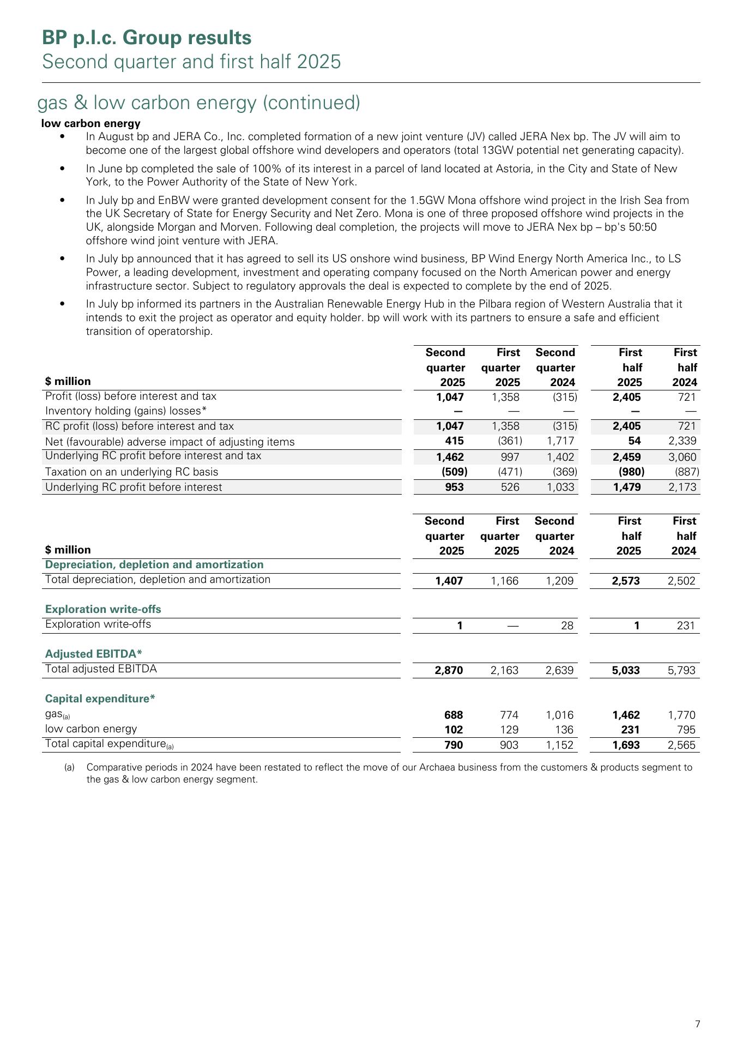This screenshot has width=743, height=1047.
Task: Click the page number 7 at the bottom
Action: click(x=698, y=1024)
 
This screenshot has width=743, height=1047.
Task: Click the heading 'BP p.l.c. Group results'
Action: click(x=147, y=38)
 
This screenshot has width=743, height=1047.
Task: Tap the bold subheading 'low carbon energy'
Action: click(x=90, y=123)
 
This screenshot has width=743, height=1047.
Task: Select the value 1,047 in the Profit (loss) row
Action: click(x=450, y=396)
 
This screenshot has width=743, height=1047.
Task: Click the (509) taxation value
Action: click(x=454, y=471)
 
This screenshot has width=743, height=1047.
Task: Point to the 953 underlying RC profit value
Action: click(x=455, y=487)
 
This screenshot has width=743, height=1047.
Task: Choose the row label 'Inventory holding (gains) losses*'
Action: click(x=126, y=411)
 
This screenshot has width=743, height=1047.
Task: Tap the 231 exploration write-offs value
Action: click(x=686, y=625)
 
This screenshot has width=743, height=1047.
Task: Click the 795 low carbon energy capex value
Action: click(x=686, y=729)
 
